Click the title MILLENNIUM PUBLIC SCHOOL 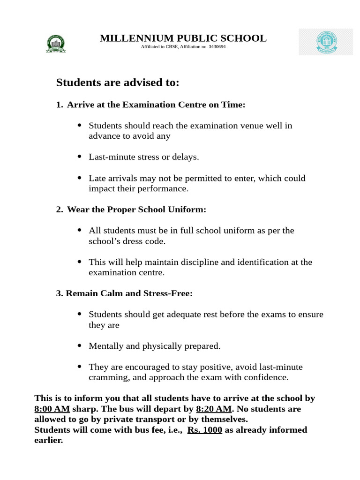[x=183, y=38]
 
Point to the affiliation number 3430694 [x=217, y=47]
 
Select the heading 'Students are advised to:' [x=118, y=83]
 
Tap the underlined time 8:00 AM [x=52, y=409]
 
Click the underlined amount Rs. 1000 [x=204, y=430]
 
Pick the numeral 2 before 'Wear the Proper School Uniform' [x=59, y=210]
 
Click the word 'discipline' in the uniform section [x=198, y=262]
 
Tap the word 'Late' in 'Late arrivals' [x=97, y=178]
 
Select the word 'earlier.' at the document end [x=48, y=441]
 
